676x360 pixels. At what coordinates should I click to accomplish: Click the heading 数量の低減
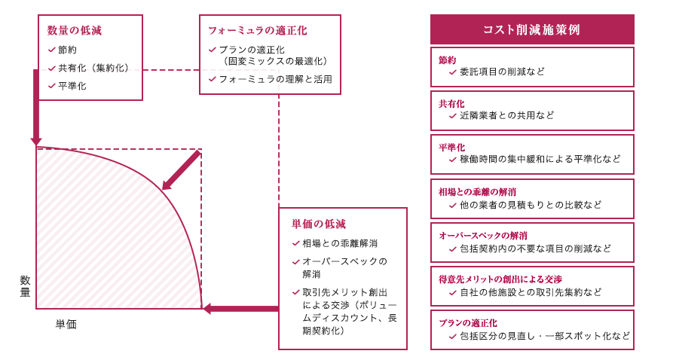point(74,31)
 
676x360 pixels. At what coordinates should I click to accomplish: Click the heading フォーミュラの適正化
point(258,31)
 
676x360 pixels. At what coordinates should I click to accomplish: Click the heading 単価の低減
point(318,224)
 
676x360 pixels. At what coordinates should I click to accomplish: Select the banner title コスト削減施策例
point(531,29)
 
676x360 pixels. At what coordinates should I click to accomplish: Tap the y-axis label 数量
point(26,286)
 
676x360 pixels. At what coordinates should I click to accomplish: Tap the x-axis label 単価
point(66,325)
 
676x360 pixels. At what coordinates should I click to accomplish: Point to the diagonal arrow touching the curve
point(181,170)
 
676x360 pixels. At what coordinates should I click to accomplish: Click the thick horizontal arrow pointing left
point(240,308)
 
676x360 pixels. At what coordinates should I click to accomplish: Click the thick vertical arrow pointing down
point(36,108)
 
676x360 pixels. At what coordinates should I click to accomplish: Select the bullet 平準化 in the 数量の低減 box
point(72,86)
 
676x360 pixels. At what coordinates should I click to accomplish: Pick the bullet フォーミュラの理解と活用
point(276,79)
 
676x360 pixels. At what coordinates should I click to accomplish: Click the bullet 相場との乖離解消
point(340,243)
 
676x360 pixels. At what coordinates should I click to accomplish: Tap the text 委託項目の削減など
point(502,72)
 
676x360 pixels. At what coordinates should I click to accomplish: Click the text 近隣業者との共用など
point(506,115)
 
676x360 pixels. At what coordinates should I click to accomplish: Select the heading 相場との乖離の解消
point(477,192)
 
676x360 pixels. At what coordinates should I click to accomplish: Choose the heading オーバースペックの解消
point(483,236)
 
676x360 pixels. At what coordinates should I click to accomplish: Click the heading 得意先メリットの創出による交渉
point(500,279)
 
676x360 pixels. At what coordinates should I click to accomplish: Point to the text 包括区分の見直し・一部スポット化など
point(545,335)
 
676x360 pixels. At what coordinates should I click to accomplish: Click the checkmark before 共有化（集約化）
point(52,68)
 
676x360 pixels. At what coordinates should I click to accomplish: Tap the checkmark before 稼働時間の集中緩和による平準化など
point(452,160)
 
